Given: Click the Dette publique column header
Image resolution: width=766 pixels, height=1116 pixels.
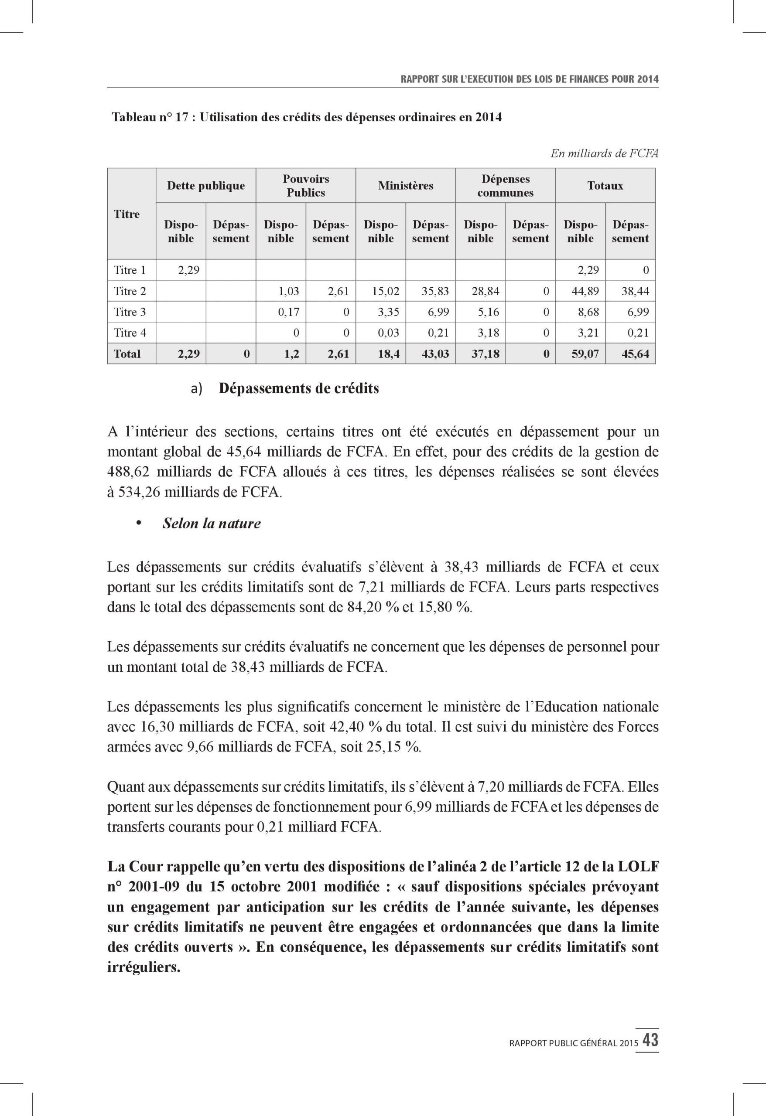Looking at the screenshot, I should tap(205, 186).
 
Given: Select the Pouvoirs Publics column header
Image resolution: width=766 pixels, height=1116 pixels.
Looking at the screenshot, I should tap(306, 186).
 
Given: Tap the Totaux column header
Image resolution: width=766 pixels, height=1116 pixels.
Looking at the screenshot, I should tap(605, 186).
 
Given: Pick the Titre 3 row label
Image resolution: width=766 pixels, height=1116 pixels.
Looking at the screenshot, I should tap(129, 312).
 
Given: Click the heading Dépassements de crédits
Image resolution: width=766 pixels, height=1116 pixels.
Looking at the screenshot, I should tap(298, 388).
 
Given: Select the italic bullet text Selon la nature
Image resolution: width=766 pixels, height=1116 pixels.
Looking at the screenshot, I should tap(212, 524).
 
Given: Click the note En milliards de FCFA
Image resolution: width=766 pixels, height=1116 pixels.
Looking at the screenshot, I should tap(604, 153).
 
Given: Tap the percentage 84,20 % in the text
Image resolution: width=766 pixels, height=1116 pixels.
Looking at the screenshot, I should tap(370, 607).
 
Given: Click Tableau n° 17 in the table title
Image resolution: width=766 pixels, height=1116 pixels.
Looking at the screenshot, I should tap(151, 118).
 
